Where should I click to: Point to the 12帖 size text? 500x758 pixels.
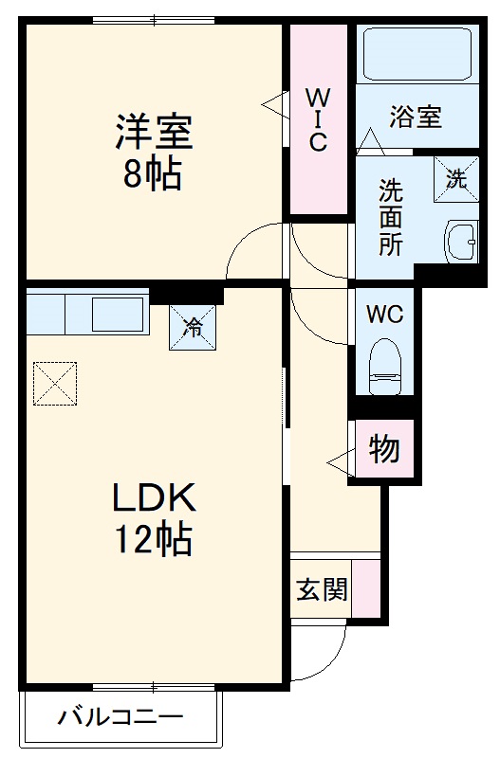(x=154, y=540)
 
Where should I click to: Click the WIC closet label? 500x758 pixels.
(x=317, y=119)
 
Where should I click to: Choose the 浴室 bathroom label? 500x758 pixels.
(x=416, y=117)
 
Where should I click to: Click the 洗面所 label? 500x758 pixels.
(x=391, y=217)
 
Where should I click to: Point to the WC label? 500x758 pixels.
(x=384, y=314)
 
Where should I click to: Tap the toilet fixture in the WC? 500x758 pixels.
(x=385, y=368)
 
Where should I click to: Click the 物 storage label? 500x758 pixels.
(x=384, y=450)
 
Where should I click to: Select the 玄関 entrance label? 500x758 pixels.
(x=321, y=589)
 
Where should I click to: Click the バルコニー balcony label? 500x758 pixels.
(x=120, y=716)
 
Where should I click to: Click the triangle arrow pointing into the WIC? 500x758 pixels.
(x=275, y=103)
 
